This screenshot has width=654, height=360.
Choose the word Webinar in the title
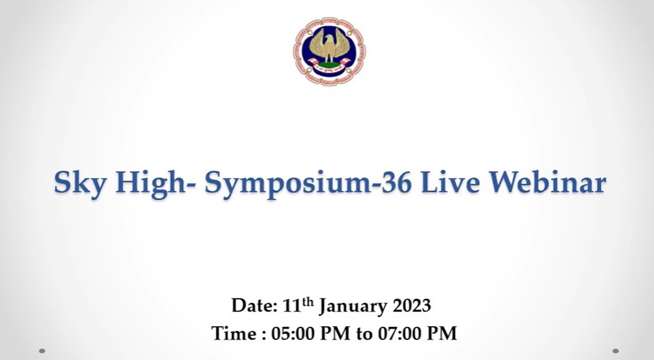pyautogui.click(x=547, y=182)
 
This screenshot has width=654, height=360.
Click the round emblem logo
pyautogui.click(x=329, y=51)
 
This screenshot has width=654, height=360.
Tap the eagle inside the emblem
pyautogui.click(x=330, y=47)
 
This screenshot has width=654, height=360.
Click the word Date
pyautogui.click(x=254, y=306)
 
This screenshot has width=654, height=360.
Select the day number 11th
pyautogui.click(x=298, y=305)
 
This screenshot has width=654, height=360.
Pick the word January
pyautogui.click(x=354, y=306)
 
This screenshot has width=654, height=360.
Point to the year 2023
pyautogui.click(x=412, y=306)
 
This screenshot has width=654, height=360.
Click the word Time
pyautogui.click(x=235, y=333)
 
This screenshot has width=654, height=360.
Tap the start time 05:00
pyautogui.click(x=290, y=333)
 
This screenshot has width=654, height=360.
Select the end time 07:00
pyautogui.click(x=397, y=333)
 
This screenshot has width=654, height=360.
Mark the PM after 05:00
pyautogui.click(x=335, y=333)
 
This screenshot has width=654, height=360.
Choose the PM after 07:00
pyautogui.click(x=442, y=333)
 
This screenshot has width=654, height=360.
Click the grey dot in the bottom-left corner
pyautogui.click(x=42, y=351)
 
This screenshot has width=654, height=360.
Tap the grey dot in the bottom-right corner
pyautogui.click(x=616, y=351)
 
